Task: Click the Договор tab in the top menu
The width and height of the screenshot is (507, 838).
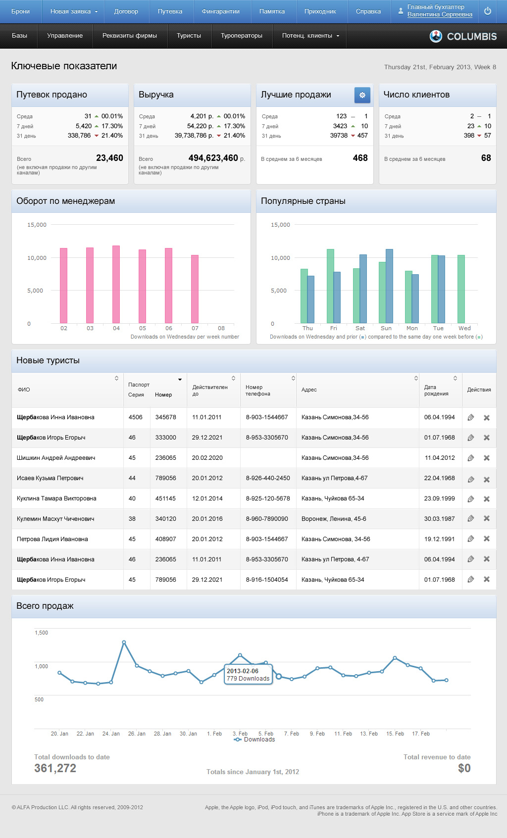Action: point(126,11)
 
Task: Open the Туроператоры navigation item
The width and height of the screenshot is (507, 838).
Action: point(242,36)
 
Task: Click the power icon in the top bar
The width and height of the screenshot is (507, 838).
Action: point(488,11)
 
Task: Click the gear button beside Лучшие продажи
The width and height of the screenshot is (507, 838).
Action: point(362,95)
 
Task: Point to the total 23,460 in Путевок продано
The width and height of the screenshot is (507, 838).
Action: point(109,158)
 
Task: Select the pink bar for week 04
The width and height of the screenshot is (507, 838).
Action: point(116,284)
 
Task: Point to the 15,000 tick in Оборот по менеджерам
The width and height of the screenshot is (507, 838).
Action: point(37,225)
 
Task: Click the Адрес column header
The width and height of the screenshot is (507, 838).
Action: point(309,390)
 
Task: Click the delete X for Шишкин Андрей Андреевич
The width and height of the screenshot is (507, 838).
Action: point(487,458)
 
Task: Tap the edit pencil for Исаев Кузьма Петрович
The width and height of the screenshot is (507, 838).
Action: point(471,479)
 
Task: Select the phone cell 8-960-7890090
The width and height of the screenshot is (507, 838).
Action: point(267,519)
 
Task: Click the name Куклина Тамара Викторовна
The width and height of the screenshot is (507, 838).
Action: point(56,498)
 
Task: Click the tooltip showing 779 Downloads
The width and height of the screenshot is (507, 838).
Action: point(248,675)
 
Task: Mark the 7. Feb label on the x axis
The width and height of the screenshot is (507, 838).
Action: point(291,734)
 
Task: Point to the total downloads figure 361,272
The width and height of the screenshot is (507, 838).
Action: point(55,768)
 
